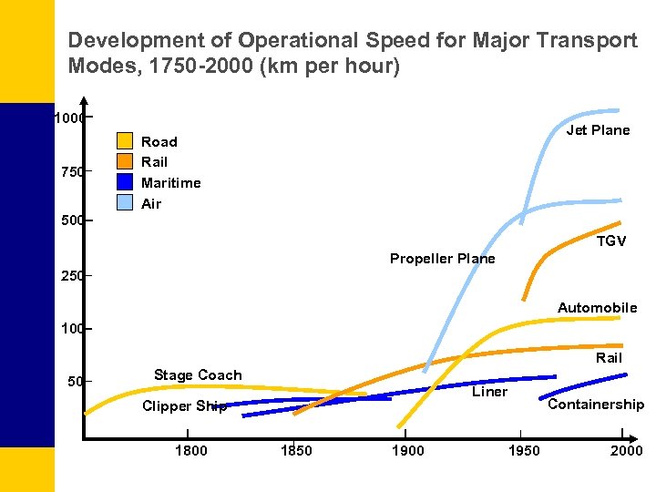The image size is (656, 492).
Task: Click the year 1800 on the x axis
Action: click(190, 450)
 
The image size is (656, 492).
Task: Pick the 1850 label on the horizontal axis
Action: click(296, 450)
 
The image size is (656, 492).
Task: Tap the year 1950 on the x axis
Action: click(523, 450)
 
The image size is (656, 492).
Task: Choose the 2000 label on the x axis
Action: click(626, 450)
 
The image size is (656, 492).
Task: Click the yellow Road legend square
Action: click(125, 141)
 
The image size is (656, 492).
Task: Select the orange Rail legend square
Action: click(125, 161)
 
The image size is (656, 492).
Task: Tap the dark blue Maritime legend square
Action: click(125, 181)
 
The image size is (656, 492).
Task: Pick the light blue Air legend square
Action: click(125, 202)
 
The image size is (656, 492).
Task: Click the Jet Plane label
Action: click(598, 130)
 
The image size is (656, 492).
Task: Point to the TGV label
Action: click(610, 241)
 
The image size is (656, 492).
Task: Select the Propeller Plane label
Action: click(442, 259)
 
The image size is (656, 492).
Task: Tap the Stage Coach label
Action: click(198, 375)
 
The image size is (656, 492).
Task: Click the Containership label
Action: click(596, 405)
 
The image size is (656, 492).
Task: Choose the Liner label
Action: click(489, 392)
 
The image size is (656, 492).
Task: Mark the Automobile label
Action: click(597, 308)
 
